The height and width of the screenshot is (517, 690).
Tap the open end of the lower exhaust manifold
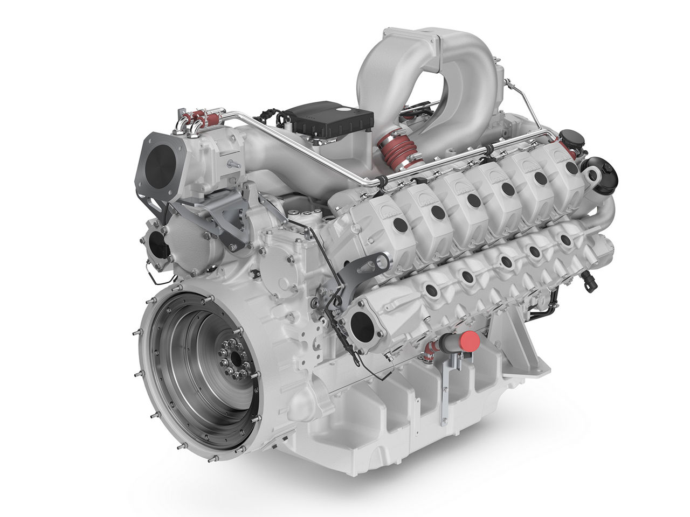click(x=362, y=326)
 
